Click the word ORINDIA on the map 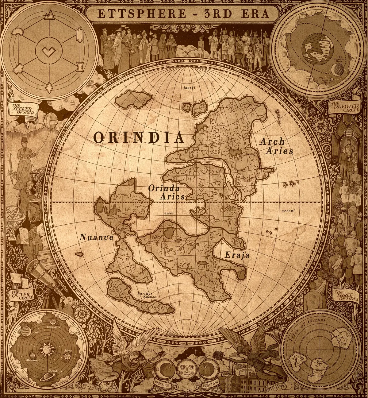coord(139,138)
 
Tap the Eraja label coord(237,255)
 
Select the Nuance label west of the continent coord(96,237)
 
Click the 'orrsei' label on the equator coord(288,211)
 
